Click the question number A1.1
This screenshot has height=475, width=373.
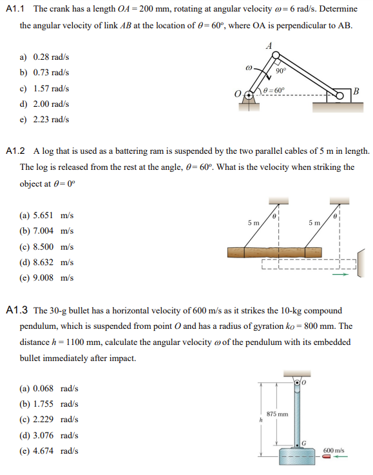15,10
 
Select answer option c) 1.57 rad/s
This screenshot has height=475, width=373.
44,88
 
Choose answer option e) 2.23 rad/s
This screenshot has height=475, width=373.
44,119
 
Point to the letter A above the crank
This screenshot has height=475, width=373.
269,45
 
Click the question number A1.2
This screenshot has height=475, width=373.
15,151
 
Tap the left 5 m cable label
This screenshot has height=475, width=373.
254,223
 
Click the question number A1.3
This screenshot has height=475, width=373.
15,310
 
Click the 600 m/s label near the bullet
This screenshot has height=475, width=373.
333,451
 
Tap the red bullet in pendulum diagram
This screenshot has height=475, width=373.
327,458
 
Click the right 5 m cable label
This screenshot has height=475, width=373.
314,223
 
